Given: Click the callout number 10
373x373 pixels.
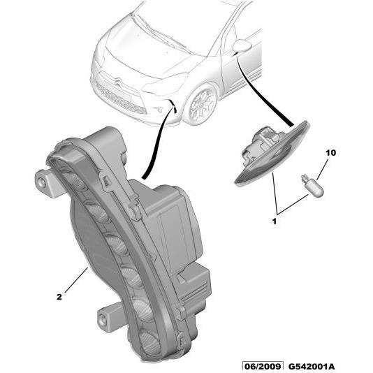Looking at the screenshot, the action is (x=330, y=153).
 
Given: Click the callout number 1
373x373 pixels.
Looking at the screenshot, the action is (x=275, y=221).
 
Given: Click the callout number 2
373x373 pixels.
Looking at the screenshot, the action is (x=59, y=297).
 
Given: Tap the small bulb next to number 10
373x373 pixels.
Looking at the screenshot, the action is (x=312, y=188).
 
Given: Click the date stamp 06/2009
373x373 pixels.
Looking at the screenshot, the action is (x=263, y=366).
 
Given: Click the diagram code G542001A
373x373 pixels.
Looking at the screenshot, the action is (x=312, y=366).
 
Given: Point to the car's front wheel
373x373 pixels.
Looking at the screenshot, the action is (x=201, y=105).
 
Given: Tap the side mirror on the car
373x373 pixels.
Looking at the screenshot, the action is (x=242, y=45).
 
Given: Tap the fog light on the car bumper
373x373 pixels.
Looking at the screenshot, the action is (x=159, y=110).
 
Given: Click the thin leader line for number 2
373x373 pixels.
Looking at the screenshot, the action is (x=76, y=280).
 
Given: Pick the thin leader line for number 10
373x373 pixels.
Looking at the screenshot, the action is (x=323, y=170).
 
